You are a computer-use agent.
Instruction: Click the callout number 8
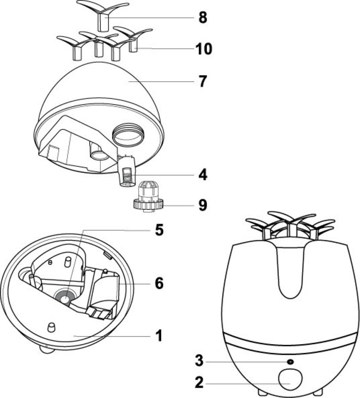click(202, 18)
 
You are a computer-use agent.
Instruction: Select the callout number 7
click(202, 81)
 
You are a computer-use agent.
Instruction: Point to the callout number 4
click(202, 175)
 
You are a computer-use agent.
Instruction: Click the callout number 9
click(202, 204)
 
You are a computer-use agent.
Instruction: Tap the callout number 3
click(198, 361)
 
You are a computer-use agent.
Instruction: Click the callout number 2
click(198, 384)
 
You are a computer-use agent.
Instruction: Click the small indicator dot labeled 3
click(290, 361)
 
